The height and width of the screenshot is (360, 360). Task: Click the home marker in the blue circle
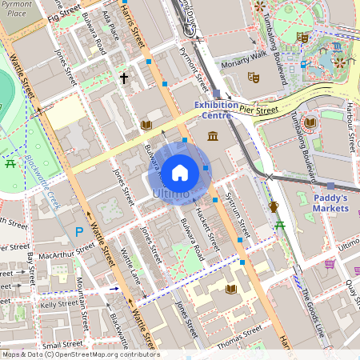click(180, 172)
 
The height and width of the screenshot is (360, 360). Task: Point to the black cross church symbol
click(124, 78)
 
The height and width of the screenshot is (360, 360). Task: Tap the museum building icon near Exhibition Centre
click(214, 137)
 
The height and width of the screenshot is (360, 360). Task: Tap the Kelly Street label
click(58, 305)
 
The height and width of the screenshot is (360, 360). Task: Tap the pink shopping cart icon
click(329, 263)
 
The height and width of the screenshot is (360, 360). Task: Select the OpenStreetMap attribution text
click(80, 354)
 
